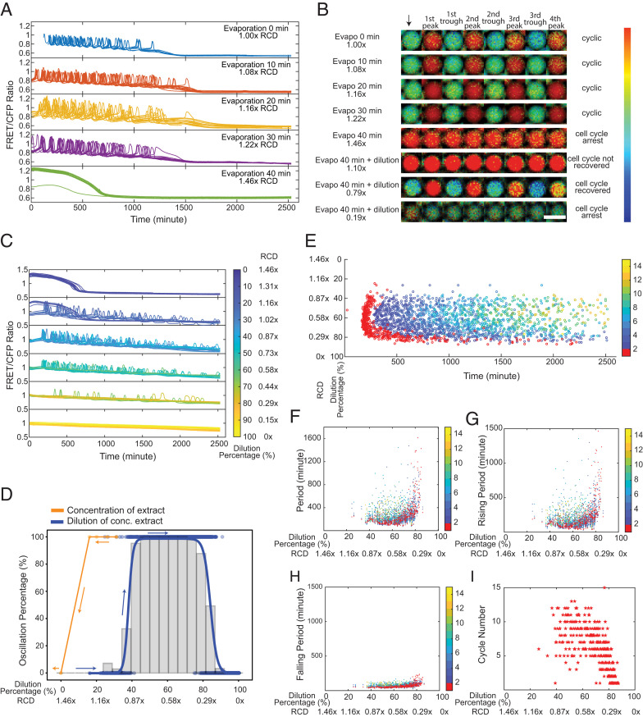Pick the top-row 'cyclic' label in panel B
590,41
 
